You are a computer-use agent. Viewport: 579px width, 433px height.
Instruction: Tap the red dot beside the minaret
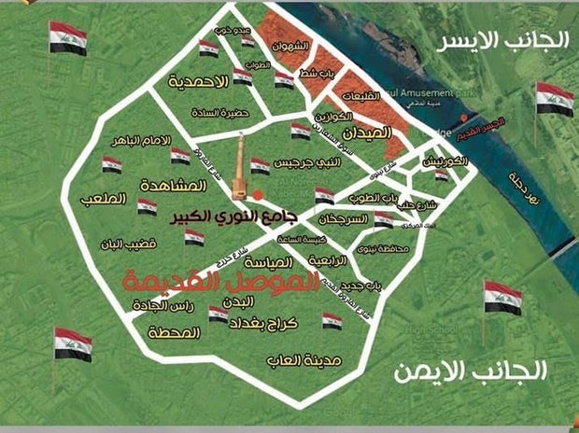click(259, 195)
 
